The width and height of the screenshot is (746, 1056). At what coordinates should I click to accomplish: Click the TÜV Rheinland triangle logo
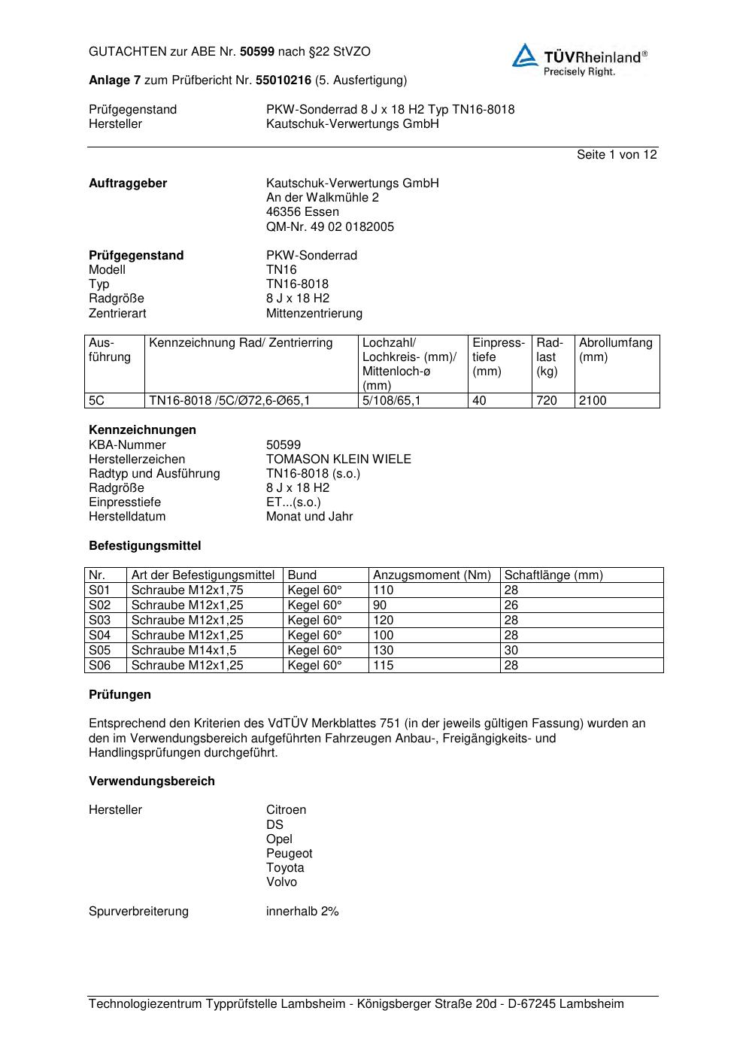[525, 56]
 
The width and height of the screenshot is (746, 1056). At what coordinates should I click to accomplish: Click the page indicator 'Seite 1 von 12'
[617, 155]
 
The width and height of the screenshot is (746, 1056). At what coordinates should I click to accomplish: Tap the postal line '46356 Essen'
[302, 212]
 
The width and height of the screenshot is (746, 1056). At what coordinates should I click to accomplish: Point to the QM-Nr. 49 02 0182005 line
[329, 226]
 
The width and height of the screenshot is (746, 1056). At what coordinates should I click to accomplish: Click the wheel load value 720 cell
[547, 401]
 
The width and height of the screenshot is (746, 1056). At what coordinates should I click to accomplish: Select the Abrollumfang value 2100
[593, 401]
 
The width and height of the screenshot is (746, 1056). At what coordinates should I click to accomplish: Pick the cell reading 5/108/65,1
[391, 401]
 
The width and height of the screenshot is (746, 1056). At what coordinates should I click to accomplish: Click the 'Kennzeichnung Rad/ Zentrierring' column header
[241, 343]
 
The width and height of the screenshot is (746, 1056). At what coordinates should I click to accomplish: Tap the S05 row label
[99, 650]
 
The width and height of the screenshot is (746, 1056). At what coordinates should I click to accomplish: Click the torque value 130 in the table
[383, 650]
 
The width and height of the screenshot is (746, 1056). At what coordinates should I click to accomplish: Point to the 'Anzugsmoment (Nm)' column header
[432, 575]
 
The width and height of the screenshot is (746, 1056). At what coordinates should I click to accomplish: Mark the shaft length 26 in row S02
[511, 605]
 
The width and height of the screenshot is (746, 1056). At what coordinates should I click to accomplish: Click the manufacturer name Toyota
[285, 867]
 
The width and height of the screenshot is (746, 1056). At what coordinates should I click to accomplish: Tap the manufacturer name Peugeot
[289, 853]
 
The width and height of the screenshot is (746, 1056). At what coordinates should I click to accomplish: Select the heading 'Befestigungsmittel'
[144, 545]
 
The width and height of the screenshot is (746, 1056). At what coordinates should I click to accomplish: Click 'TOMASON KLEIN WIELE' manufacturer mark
[338, 460]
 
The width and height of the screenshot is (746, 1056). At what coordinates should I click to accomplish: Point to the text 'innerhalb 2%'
[302, 912]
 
